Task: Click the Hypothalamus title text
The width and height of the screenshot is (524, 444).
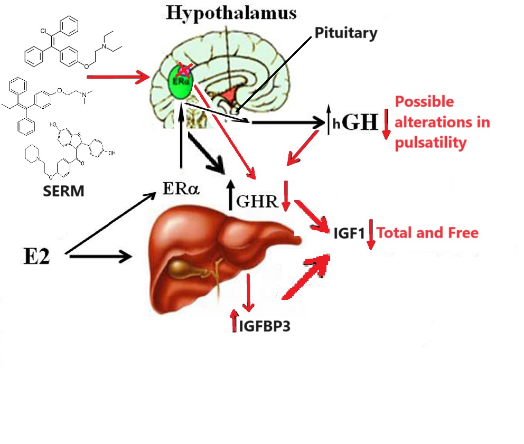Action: click(230, 13)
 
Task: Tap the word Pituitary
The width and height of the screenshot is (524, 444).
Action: click(346, 33)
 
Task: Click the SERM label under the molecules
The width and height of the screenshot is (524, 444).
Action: click(63, 190)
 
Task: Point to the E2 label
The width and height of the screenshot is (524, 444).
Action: click(35, 257)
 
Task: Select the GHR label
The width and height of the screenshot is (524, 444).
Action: click(257, 201)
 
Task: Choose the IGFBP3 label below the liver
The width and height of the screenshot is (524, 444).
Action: click(265, 327)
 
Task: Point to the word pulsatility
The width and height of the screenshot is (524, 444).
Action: click(431, 143)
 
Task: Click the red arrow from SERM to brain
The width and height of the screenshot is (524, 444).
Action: click(118, 78)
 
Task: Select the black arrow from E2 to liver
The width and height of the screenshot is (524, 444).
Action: click(99, 257)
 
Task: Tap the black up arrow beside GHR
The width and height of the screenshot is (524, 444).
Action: click(230, 196)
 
